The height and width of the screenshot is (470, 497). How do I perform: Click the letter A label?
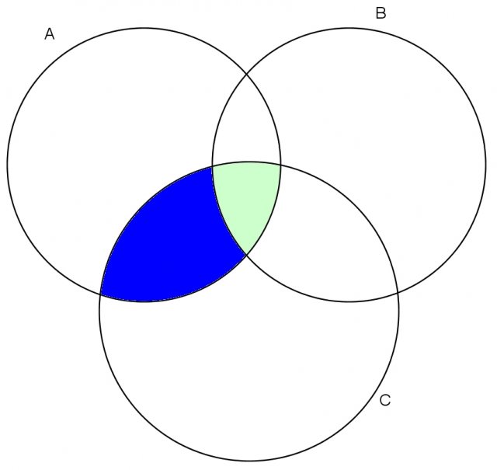[50, 34]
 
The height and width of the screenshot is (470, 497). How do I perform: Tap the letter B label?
[381, 13]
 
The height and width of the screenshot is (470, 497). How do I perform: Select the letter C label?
[385, 400]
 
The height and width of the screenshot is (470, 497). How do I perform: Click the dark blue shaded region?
[171, 241]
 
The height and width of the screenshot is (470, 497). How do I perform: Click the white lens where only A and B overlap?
[247, 127]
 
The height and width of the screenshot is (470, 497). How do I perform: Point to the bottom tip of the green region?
[246, 254]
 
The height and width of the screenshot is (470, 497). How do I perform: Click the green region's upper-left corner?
[212, 166]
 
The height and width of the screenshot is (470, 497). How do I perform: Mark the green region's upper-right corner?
[280, 164]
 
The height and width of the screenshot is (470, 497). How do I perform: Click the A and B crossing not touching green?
[247, 74]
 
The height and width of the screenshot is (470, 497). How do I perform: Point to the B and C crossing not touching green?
[398, 292]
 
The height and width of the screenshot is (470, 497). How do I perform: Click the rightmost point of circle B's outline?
[485, 165]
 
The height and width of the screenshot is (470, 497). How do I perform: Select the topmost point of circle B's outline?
[349, 28]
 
